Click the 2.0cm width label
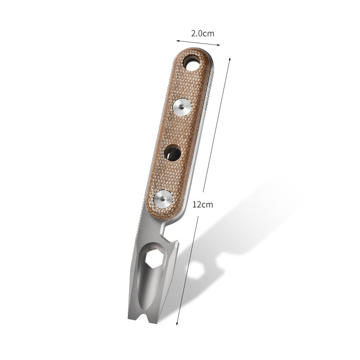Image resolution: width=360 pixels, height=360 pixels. tap(202, 33)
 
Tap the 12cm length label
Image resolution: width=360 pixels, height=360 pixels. tap(202, 204)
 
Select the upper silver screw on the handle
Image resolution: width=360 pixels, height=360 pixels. tap(182, 107)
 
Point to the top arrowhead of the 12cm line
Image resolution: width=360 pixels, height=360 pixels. tap(230, 58)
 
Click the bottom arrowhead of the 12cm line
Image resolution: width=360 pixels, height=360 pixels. tap(177, 324)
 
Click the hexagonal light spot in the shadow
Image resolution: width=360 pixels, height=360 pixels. tap(197, 270)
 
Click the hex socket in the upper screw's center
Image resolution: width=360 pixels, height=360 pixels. tap(182, 107)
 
